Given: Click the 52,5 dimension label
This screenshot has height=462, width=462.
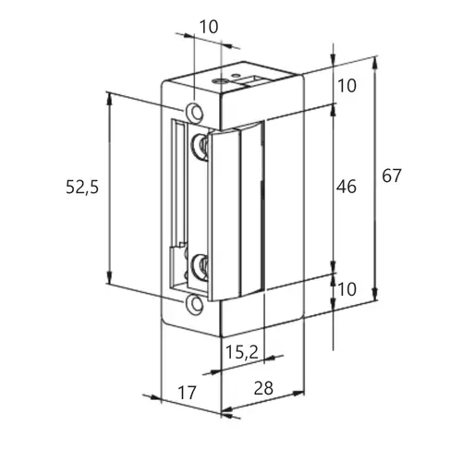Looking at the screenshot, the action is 82,187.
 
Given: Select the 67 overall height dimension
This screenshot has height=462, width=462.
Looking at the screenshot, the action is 392,176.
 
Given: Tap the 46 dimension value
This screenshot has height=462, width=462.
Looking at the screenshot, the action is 346,187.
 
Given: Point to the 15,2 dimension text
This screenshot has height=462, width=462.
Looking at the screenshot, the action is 242,352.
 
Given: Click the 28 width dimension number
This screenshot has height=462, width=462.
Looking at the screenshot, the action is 263,388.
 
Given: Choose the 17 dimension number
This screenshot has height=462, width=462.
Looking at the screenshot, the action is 187,393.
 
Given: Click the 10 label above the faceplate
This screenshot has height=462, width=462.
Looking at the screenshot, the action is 209,27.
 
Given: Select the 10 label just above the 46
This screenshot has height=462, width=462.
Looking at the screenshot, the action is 347,86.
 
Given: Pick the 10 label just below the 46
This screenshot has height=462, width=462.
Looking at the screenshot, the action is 347,289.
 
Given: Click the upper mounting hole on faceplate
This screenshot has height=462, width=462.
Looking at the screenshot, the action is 194,111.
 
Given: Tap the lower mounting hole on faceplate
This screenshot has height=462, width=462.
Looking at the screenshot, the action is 194,304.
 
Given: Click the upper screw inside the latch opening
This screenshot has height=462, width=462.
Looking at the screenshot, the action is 200,145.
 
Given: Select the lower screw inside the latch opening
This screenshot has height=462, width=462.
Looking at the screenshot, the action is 200,266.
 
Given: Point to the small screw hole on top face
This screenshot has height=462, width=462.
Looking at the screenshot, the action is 219,81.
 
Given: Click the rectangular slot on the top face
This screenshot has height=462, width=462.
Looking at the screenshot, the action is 250,80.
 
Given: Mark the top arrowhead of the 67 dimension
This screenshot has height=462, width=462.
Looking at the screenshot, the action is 374,63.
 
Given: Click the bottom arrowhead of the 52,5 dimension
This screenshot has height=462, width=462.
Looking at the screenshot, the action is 109,277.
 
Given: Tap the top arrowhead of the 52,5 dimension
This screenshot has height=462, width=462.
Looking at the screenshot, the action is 109,98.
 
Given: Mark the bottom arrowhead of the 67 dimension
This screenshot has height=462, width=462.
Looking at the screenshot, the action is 374,294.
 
